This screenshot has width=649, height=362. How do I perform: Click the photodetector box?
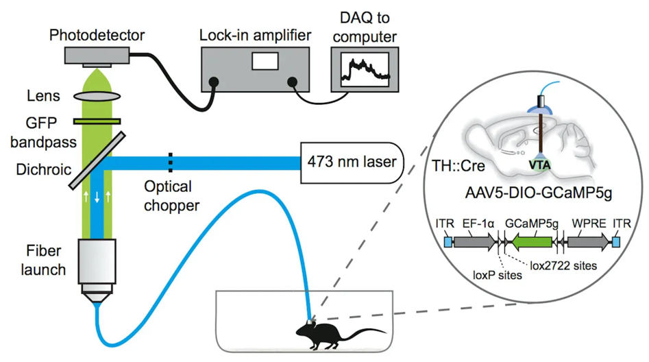97,56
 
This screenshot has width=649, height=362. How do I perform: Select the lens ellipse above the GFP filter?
97,97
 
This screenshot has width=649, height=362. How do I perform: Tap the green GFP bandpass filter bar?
97,121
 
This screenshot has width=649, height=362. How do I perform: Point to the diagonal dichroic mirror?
97,160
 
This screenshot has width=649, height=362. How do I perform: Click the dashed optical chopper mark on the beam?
170,162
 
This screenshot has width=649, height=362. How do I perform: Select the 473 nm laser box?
352,162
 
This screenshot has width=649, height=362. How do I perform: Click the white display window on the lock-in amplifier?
265,61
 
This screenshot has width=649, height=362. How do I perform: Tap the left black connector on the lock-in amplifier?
214,82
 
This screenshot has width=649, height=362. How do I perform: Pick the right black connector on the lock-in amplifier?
292,82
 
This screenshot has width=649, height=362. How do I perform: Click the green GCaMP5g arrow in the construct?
532,242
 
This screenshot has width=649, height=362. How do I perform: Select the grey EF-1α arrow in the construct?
475,242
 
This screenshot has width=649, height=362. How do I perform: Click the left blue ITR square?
448,242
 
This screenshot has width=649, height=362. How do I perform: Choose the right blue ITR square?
616,242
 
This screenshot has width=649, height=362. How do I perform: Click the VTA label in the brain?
540,165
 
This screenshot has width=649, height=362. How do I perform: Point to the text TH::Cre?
458,166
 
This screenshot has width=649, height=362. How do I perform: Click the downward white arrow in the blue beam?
97,197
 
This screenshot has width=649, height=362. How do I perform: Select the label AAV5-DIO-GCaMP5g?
539,193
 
